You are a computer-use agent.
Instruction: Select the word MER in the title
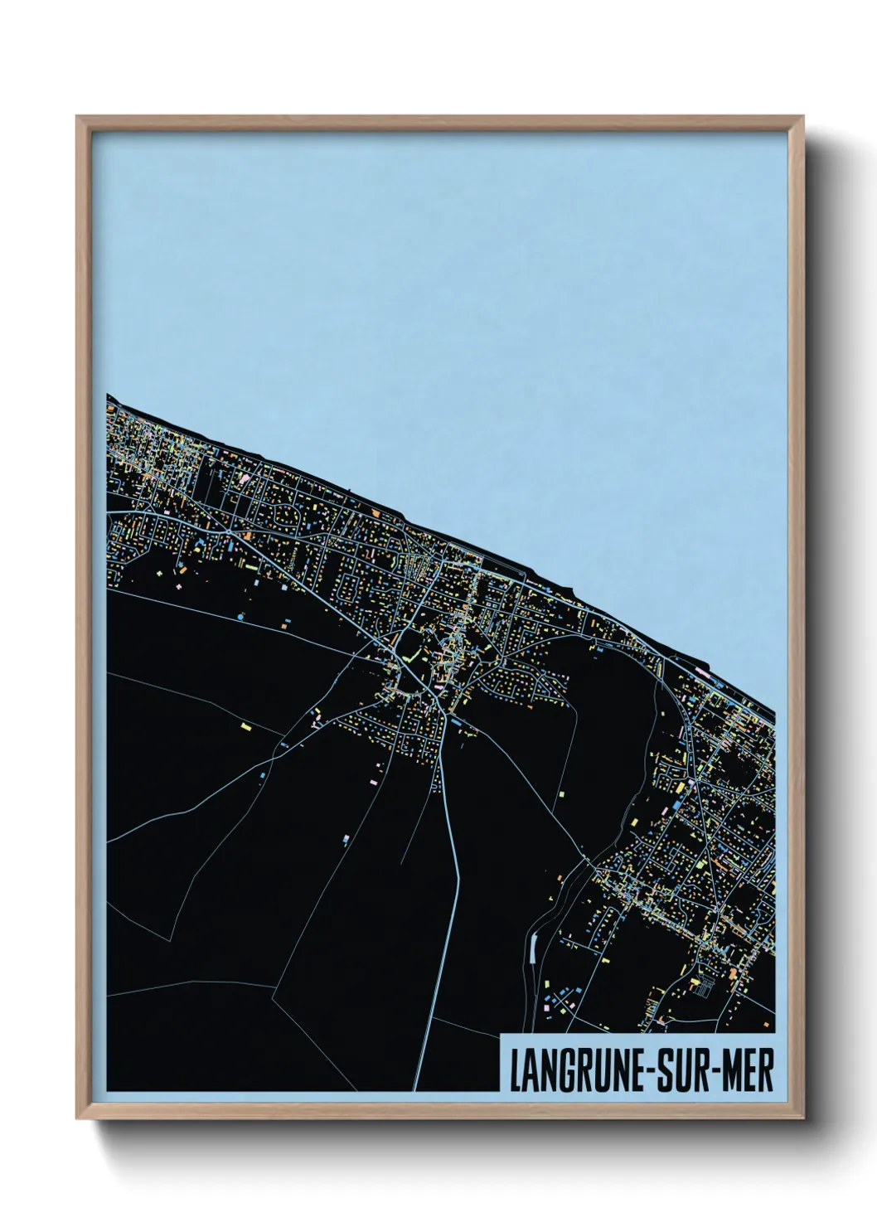pyautogui.click(x=745, y=1073)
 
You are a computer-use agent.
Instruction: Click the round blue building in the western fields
pyautogui.click(x=240, y=618)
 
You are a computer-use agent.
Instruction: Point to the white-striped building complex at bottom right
pyautogui.click(x=703, y=986)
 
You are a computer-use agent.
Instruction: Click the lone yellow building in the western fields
pyautogui.click(x=245, y=726)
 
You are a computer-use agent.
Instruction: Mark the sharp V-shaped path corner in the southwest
pyautogui.click(x=171, y=938)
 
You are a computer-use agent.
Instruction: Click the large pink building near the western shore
pyautogui.click(x=245, y=478)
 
